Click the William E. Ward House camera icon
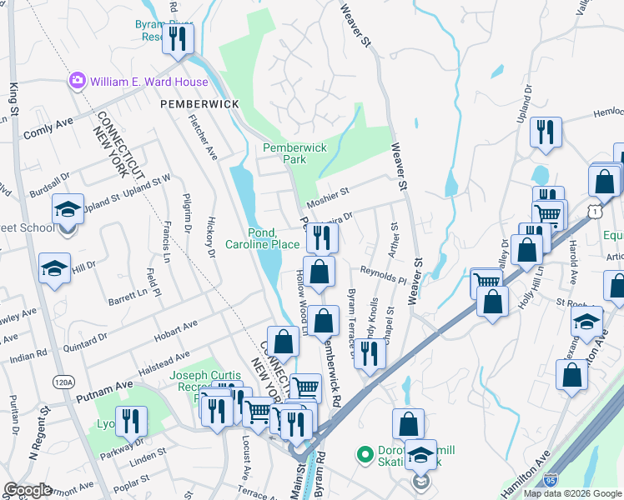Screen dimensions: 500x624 tap(78, 82)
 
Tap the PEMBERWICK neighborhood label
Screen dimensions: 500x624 tap(199, 104)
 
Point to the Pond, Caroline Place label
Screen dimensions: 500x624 tap(262, 238)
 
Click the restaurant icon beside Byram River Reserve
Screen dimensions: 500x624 tap(178, 39)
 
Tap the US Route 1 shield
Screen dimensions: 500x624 tap(594, 213)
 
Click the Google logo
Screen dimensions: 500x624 tap(28, 490)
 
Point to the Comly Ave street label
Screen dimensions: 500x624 tap(49, 128)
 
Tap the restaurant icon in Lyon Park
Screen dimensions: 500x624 tap(131, 422)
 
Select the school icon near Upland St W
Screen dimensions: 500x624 tap(68, 209)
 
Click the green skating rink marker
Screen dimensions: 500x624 tap(364, 455)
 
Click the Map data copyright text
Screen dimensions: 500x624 tap(571, 492)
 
